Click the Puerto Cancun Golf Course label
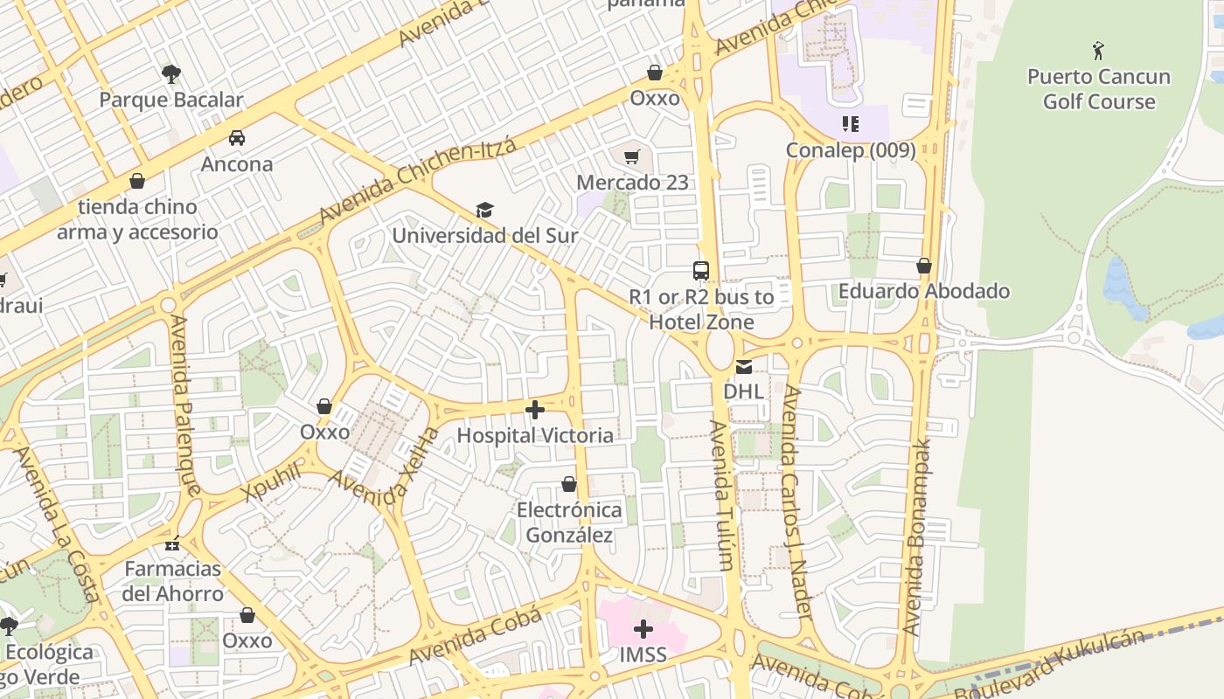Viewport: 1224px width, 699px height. point(1098,89)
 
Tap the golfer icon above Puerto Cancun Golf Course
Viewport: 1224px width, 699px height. point(1098,51)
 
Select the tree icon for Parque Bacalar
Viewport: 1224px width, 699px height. point(171,73)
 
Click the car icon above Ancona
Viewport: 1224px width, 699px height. point(236,138)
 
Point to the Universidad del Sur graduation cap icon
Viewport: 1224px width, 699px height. point(484,210)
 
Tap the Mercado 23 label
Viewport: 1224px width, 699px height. point(632,183)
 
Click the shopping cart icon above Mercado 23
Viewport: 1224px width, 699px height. point(632,157)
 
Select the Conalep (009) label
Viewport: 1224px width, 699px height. point(850,150)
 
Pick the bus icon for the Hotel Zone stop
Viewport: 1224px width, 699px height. point(700,271)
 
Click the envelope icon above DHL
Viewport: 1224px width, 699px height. point(743,367)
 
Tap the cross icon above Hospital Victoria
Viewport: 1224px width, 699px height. point(535,409)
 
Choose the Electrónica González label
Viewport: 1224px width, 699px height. point(569,523)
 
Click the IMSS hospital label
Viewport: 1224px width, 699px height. point(643,654)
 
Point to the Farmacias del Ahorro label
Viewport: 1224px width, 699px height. point(173,581)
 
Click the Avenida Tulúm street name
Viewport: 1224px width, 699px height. point(721,495)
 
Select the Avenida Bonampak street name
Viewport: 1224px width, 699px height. point(915,537)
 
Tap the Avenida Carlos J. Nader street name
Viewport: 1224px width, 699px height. point(797,502)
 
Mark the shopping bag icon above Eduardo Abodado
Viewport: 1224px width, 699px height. point(924,266)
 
